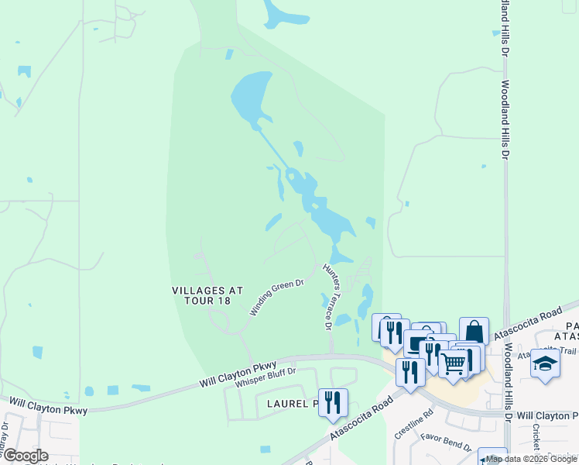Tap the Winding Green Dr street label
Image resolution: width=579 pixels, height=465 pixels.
tap(276, 298)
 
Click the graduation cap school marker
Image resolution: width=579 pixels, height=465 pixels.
tap(545, 363)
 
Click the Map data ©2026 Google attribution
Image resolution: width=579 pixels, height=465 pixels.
tap(531, 459)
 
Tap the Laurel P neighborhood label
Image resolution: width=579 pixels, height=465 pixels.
tap(293, 404)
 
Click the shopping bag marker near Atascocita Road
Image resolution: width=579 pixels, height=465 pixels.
tap(474, 331)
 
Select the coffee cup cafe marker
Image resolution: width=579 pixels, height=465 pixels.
tap(418, 343)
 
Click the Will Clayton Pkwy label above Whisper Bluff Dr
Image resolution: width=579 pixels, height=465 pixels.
tap(238, 373)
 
